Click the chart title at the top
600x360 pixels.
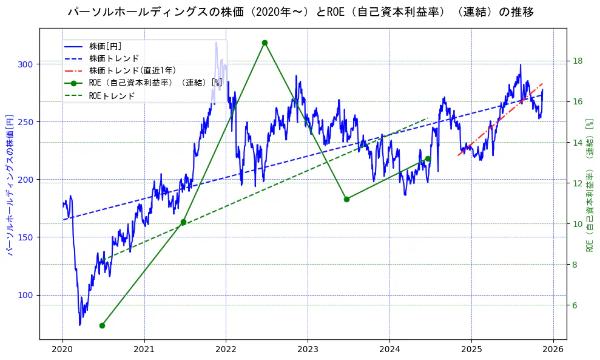[x=300, y=12]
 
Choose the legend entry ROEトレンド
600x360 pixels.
[x=112, y=96]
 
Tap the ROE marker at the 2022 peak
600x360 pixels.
[x=265, y=42]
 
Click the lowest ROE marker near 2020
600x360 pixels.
[x=102, y=325]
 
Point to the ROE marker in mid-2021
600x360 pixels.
[x=183, y=222]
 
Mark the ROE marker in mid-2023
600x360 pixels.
[x=346, y=199]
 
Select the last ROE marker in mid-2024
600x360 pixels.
[x=428, y=158]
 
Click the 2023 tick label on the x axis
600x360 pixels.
[x=308, y=350]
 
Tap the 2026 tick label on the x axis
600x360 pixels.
[x=553, y=350]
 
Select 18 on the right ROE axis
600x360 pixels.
[x=578, y=61]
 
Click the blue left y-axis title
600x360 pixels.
[x=9, y=184]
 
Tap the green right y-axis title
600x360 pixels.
[x=589, y=184]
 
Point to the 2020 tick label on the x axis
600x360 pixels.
[x=62, y=350]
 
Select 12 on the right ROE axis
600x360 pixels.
[x=578, y=183]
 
